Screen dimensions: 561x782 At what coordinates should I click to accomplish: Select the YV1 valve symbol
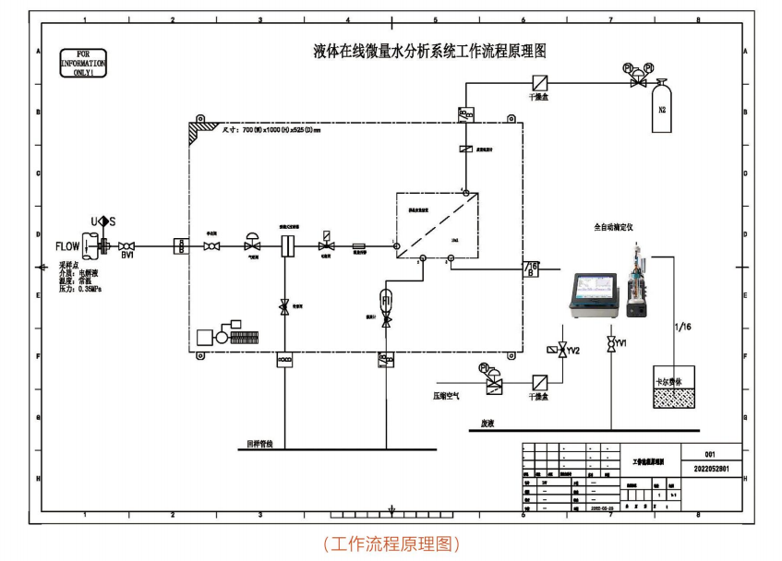(610, 344)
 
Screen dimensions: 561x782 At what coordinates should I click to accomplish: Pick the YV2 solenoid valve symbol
(563, 351)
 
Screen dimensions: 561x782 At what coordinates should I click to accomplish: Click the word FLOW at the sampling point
(67, 246)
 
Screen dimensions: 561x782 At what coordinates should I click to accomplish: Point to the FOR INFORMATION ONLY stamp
(83, 65)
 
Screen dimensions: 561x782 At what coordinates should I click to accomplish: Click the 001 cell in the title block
(709, 454)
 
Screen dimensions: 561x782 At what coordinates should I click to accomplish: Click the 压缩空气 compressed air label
(453, 394)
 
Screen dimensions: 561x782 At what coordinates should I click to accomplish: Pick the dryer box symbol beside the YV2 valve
(540, 381)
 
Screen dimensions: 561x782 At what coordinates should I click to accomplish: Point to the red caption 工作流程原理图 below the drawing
(391, 543)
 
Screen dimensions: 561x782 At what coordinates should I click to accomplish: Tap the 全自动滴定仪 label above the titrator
(617, 224)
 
